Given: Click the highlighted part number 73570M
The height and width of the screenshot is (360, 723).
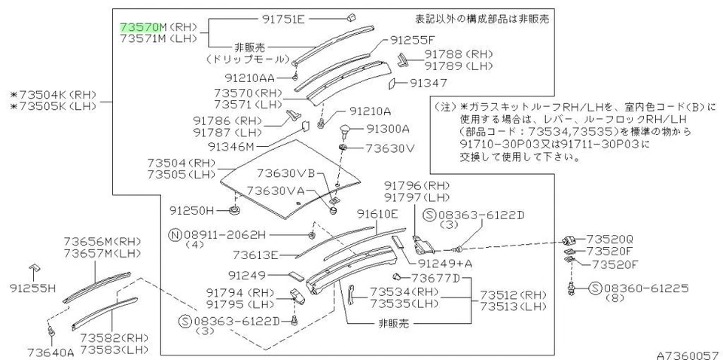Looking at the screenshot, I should [x=139, y=26].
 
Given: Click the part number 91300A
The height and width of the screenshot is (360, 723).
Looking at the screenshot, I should [x=388, y=129].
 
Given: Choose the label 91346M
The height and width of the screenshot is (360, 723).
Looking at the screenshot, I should [x=231, y=146].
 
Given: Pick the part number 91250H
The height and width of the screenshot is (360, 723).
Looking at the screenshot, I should [x=191, y=209].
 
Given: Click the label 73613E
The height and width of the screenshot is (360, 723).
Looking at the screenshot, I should [x=256, y=255].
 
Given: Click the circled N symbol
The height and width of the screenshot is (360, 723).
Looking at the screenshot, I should [x=174, y=233].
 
